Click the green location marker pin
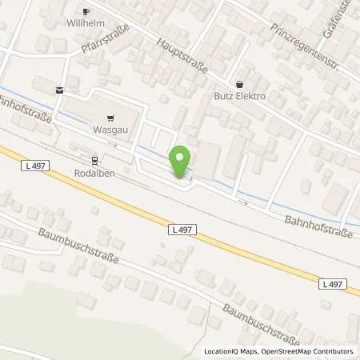coord(182,162)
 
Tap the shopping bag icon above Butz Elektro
coord(238,83)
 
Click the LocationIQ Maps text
coord(230,351)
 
